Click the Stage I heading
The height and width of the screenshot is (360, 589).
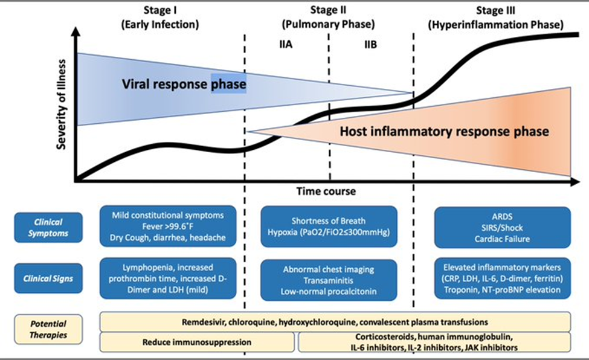click(160, 18)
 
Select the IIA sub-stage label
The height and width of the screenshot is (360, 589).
click(286, 44)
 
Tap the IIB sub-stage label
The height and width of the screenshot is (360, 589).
click(370, 44)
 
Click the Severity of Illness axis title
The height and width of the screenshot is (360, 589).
click(61, 104)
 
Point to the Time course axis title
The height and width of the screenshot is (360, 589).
click(326, 191)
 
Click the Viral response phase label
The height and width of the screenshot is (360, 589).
click(184, 84)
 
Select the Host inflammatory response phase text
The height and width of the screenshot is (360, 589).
click(445, 132)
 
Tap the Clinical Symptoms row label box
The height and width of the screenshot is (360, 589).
click(48, 227)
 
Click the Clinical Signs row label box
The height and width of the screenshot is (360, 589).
click(48, 278)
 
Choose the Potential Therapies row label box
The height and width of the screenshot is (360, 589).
click(48, 329)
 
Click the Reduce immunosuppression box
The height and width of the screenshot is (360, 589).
click(197, 342)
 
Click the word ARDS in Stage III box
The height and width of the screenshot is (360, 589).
click(502, 216)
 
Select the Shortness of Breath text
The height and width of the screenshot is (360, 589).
click(328, 221)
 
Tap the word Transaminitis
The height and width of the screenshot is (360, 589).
click(328, 280)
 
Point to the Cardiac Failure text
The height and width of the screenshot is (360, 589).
click(502, 239)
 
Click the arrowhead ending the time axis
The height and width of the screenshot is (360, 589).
click(576, 182)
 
